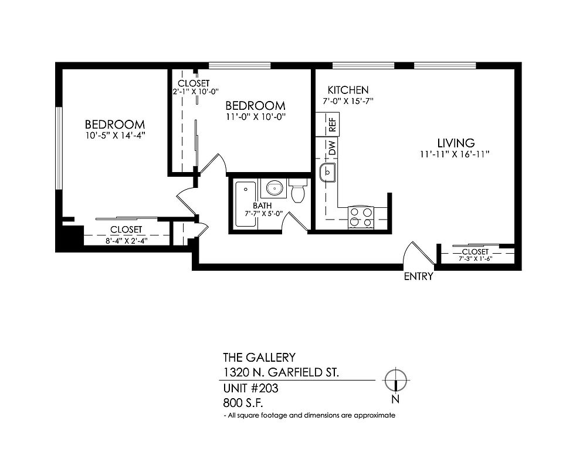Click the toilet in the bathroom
[x=298, y=190]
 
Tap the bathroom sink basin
[x=274, y=188]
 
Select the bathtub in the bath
[x=246, y=204]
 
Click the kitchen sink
[x=327, y=173]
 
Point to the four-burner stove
[x=361, y=217]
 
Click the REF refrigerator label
[x=333, y=124]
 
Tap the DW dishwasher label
[x=333, y=148]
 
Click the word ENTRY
[x=419, y=277]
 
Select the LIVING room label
[x=456, y=143]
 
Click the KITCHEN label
[x=348, y=90]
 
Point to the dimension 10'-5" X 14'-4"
[x=115, y=136]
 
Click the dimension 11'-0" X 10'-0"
[x=256, y=117]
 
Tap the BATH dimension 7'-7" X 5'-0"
[x=263, y=213]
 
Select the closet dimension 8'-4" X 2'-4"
[x=127, y=241]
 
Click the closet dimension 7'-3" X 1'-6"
[x=476, y=258]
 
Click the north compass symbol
[x=396, y=381]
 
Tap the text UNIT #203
[x=250, y=388]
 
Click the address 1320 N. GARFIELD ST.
[x=281, y=372]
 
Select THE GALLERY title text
[x=259, y=358]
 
